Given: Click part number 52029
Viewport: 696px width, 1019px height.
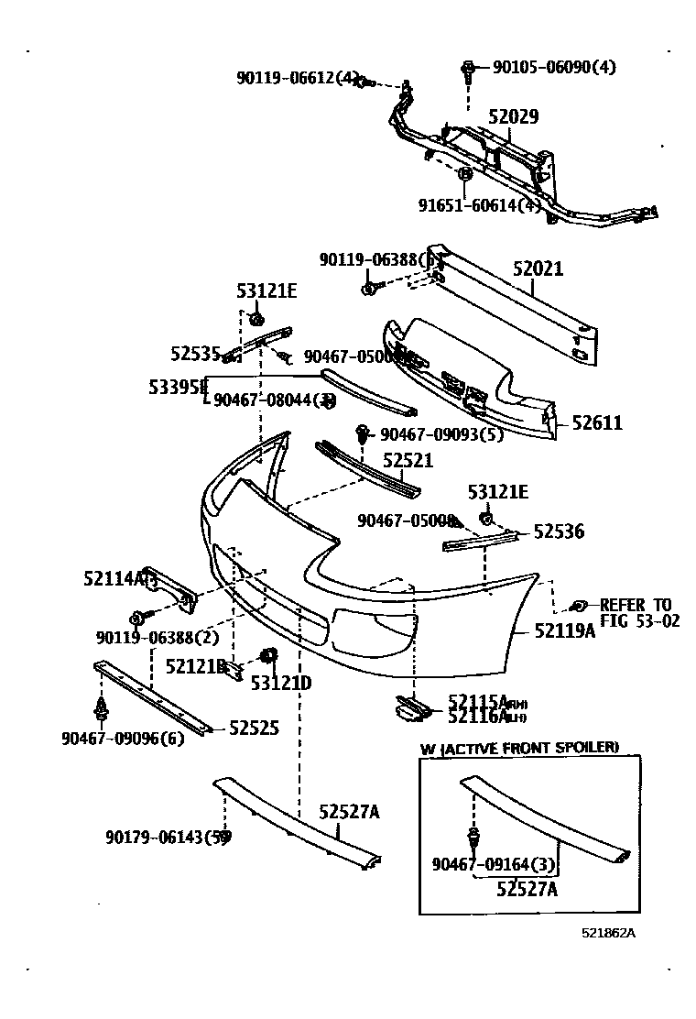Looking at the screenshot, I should click(x=513, y=117).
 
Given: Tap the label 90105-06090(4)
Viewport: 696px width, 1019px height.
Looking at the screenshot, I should click(x=554, y=67).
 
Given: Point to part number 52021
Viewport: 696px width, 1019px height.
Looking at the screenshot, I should click(x=538, y=269).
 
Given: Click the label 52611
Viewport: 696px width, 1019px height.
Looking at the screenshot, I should click(x=597, y=422).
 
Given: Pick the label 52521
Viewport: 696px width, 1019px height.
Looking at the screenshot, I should click(x=408, y=460).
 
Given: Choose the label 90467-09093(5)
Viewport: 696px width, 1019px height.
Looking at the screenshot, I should click(x=441, y=434).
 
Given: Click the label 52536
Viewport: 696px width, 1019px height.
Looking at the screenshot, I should click(x=559, y=531).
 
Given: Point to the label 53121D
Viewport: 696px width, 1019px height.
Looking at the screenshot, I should click(x=281, y=683).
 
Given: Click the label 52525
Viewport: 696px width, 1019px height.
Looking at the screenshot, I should click(x=254, y=728).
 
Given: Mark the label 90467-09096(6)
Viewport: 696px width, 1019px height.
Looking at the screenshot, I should click(x=123, y=738).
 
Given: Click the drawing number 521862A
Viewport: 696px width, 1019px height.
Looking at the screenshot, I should click(x=608, y=933).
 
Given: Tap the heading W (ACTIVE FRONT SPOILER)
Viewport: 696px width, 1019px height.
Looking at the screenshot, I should click(x=519, y=748).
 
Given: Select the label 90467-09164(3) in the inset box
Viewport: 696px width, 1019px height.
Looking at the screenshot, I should click(x=494, y=863).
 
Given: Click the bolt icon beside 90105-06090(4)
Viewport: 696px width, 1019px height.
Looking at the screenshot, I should click(x=468, y=68).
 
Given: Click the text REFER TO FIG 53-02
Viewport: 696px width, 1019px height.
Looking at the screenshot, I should click(x=636, y=612).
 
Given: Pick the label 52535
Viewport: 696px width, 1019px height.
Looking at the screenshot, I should click(x=196, y=352).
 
